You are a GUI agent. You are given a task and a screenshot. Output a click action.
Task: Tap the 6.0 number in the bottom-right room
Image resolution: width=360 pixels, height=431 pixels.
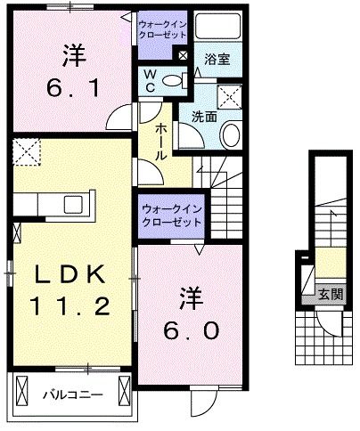point(191,329)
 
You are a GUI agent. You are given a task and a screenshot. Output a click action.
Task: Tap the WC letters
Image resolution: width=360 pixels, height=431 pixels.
point(152,79)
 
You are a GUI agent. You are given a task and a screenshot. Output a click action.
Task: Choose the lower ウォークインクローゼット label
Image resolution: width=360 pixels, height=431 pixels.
point(170,214)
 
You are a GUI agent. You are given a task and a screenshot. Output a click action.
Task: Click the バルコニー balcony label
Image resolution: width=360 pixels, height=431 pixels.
point(75,393)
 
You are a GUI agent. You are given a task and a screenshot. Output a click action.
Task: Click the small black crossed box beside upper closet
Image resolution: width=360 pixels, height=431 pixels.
point(183,54)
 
